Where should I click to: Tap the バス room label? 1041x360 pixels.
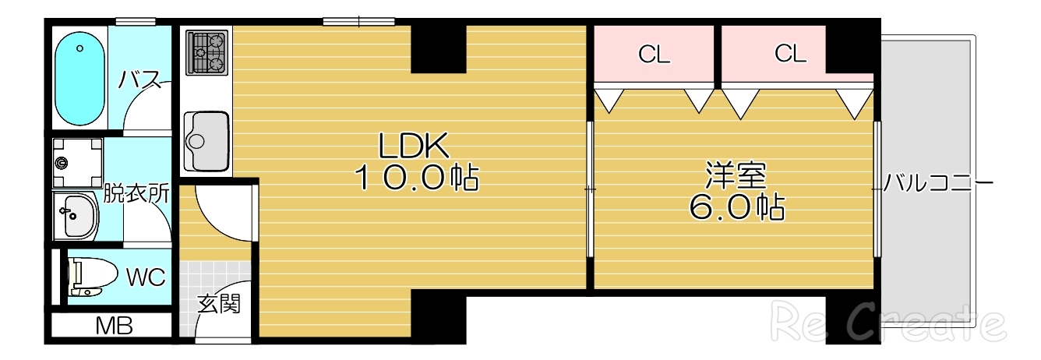point(139,79)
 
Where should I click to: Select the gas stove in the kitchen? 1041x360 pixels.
point(206,51)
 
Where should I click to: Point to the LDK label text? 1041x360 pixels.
point(413,146)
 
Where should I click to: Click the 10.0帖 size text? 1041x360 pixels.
point(417,178)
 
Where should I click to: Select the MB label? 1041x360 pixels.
point(114,325)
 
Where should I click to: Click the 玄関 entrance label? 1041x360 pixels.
point(218,303)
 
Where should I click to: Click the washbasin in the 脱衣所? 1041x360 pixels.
point(77,215)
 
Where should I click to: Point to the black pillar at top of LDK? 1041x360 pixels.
point(439,48)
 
